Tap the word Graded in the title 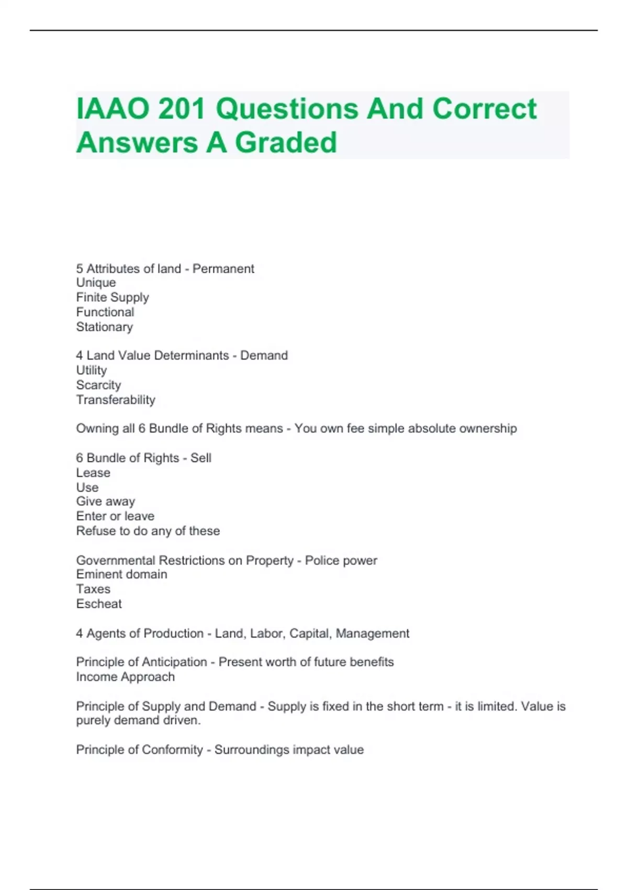coord(286,142)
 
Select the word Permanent coord(223,269)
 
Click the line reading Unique coord(96,283)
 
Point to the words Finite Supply coord(113,297)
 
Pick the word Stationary coord(104,327)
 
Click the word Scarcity coord(98,385)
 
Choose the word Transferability coord(116,400)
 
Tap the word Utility coord(92,371)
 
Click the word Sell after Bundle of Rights coord(201,458)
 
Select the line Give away coord(106,502)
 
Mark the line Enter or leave coord(115,516)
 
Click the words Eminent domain coord(121,574)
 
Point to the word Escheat coord(99,604)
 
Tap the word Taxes coord(93,589)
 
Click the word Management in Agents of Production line coord(372,633)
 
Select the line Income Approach coord(126,677)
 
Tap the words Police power coord(341,561)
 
